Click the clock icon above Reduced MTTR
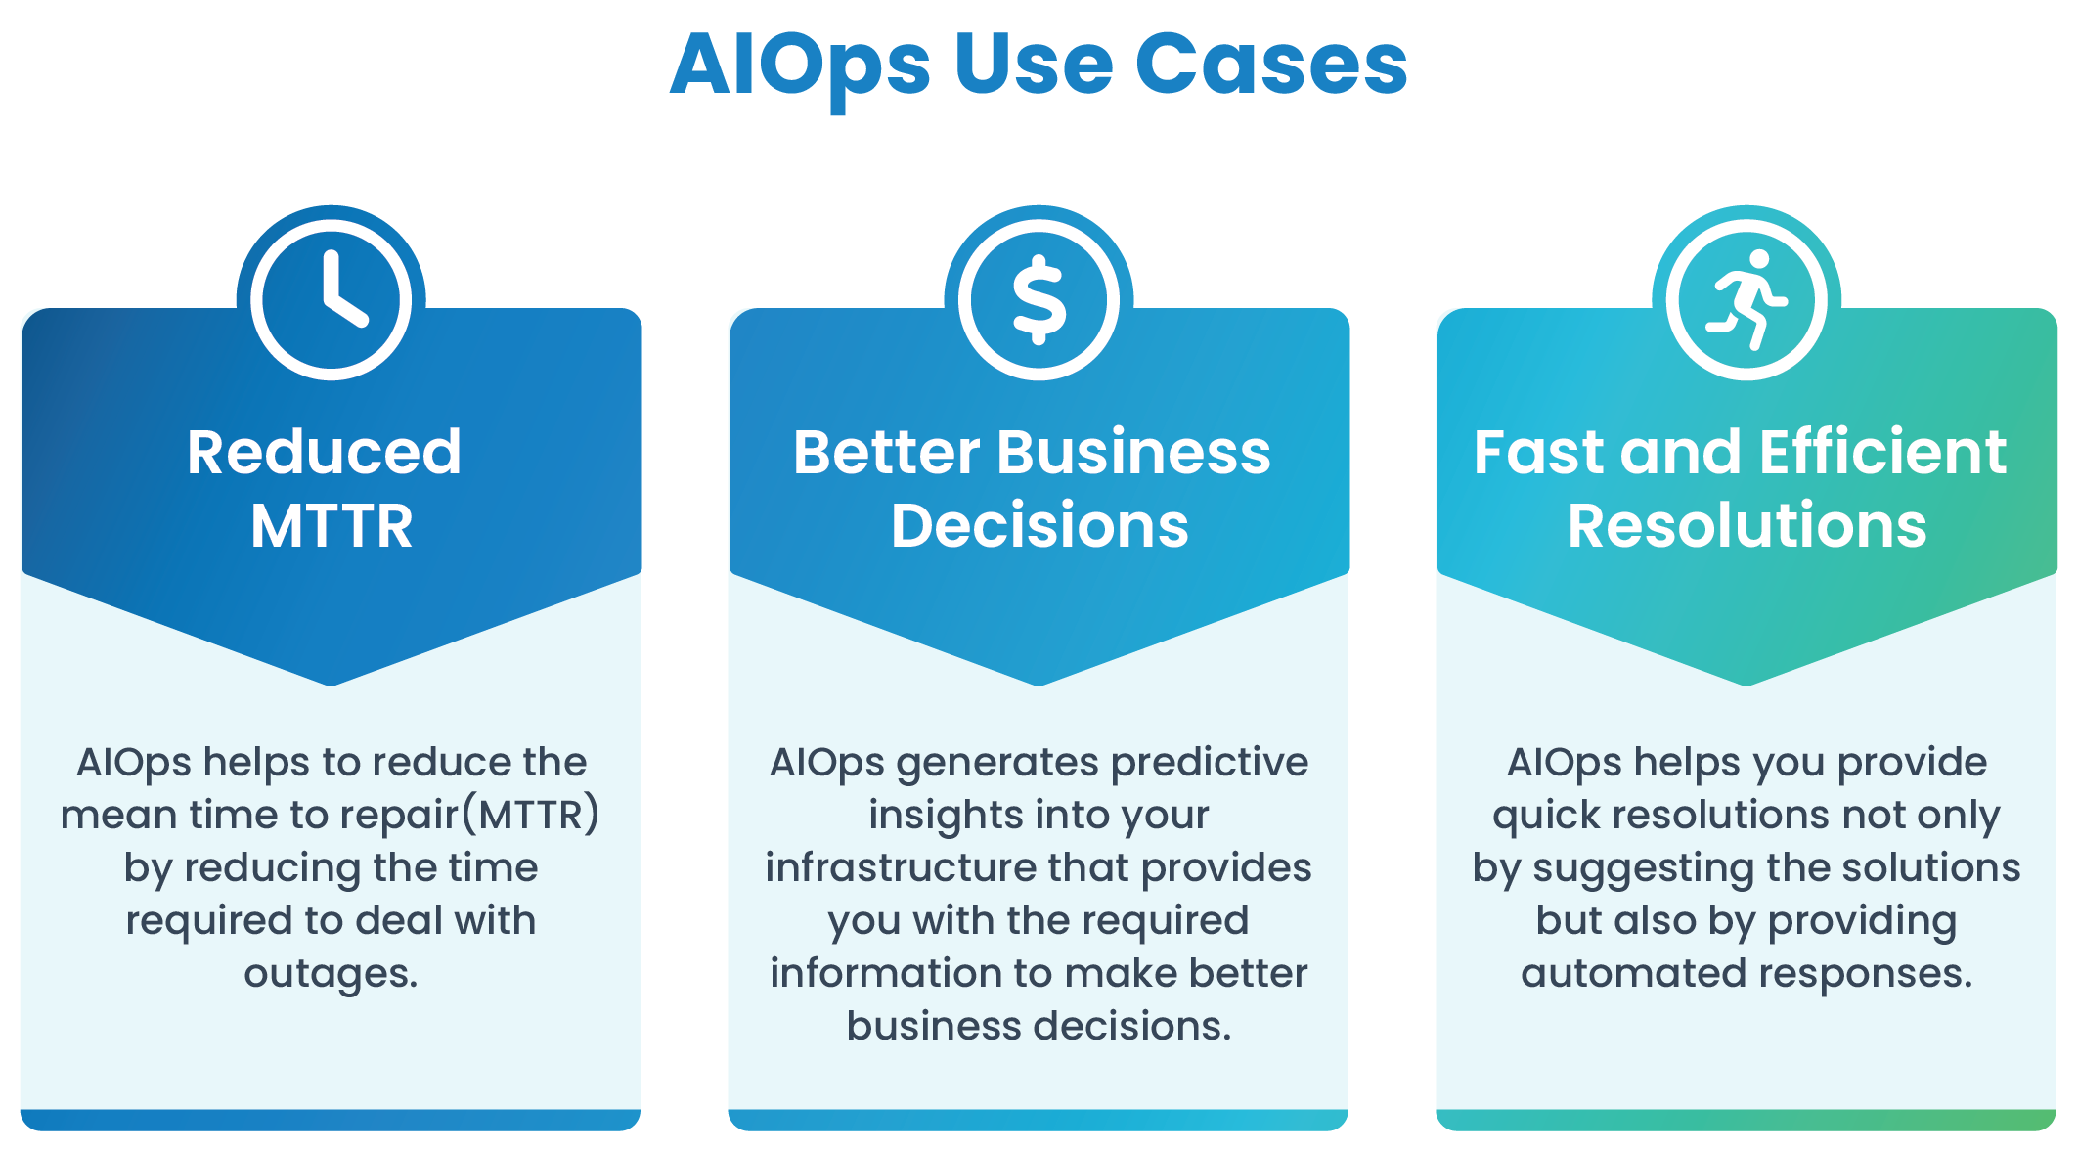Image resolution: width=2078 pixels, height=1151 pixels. (331, 299)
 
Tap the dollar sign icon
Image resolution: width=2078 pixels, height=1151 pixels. (1039, 299)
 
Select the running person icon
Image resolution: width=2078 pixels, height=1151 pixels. (1746, 299)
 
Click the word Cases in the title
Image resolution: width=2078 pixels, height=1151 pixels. (1270, 65)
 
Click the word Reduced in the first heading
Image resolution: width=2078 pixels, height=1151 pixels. (324, 452)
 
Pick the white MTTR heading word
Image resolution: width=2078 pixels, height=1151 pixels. (332, 526)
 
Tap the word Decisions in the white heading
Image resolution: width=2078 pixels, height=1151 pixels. (1039, 526)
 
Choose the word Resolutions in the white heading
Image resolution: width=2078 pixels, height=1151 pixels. (1747, 526)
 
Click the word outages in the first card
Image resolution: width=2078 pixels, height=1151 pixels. (331, 974)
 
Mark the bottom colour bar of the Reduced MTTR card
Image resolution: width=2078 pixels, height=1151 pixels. (331, 1120)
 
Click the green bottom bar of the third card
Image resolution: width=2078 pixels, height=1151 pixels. (1746, 1120)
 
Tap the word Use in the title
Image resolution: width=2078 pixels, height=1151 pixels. (1034, 65)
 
